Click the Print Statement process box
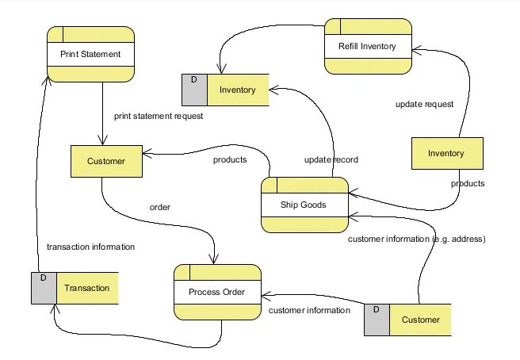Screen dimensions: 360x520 90,54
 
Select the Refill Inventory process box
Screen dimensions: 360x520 369,46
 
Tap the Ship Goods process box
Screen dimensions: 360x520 304,205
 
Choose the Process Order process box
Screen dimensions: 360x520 217,292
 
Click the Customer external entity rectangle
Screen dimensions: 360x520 106,161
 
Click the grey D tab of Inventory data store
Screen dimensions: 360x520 194,90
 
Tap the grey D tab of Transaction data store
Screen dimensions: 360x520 44,288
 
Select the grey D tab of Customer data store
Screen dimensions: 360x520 377,320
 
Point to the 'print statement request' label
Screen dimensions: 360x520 159,116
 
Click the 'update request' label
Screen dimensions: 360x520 424,104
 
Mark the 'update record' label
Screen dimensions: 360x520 331,159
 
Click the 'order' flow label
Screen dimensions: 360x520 160,207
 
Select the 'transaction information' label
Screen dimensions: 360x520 90,247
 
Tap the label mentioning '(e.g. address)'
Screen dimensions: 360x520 417,239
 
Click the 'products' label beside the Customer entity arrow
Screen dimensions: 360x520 230,159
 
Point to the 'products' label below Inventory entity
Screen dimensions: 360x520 468,183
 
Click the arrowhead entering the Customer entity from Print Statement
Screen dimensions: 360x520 103,140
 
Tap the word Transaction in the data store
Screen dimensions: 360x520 86,288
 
